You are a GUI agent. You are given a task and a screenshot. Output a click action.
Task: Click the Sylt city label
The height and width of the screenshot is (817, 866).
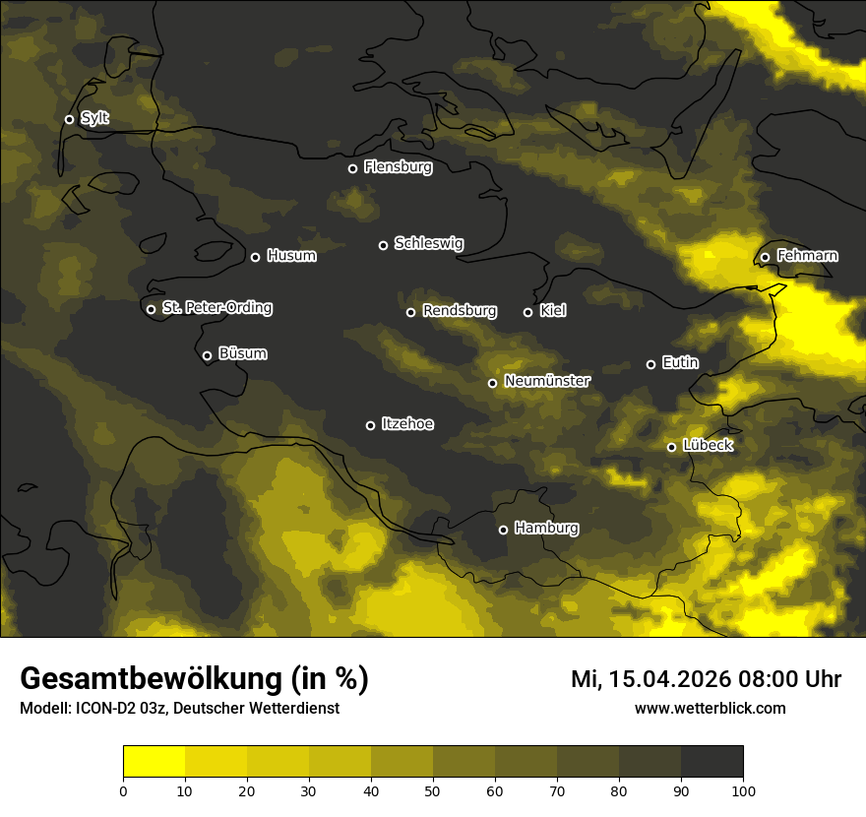94,118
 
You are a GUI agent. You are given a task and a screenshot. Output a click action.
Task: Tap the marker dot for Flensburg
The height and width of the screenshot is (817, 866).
352,168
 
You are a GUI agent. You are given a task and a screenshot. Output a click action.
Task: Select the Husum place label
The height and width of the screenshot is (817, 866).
291,256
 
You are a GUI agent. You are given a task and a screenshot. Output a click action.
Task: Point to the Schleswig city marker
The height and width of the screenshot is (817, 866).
383,245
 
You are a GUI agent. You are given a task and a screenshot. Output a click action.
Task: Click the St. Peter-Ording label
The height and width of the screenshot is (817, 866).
216,308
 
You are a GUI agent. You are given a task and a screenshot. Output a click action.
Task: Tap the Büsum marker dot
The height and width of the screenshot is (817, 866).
207,356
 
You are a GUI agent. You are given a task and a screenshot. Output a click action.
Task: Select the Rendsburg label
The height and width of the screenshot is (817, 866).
459,311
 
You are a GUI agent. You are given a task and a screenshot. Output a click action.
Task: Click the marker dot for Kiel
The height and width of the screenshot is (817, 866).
527,312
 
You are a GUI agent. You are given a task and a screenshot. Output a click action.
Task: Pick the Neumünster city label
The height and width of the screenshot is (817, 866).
546,381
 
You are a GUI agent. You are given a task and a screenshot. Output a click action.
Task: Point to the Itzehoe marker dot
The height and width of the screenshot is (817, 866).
370,425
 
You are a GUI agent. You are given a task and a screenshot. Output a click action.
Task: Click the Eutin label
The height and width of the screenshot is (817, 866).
680,363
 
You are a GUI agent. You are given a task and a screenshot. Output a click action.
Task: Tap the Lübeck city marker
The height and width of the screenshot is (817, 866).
671,447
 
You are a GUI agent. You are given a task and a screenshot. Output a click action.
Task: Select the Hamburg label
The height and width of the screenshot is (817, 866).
546,529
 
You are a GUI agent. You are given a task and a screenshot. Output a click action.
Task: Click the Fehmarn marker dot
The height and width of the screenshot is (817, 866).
765,257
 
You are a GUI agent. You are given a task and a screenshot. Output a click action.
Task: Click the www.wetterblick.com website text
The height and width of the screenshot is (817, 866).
710,708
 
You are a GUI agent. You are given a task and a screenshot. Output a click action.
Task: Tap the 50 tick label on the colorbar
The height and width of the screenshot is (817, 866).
433,790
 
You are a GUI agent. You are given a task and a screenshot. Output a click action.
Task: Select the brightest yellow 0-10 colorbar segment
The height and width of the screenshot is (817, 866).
154,762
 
